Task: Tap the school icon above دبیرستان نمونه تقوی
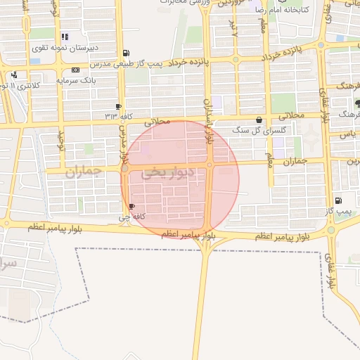coord(65,37)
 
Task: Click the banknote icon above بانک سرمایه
coord(76,70)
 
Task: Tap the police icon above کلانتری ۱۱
coord(14,74)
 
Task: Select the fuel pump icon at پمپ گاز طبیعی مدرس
coord(126,53)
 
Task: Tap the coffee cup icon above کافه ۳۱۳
coord(118,106)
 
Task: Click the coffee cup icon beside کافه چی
coord(132,206)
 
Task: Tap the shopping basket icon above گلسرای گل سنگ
coord(261,120)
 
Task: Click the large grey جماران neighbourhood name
coord(84,171)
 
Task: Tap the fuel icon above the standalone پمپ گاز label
coord(339,200)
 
